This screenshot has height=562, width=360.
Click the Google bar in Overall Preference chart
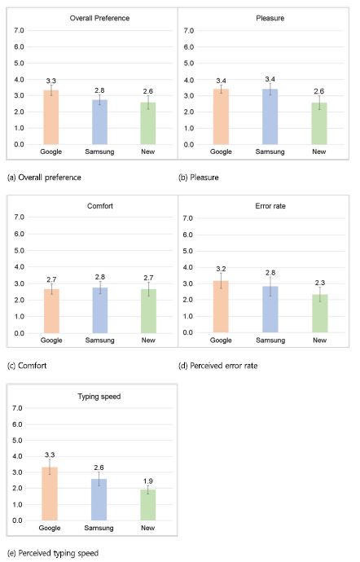[x=51, y=117]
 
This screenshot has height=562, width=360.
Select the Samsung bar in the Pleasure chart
[x=270, y=116]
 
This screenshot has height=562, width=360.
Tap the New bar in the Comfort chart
[x=148, y=311]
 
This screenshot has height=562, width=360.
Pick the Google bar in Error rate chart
[x=221, y=306]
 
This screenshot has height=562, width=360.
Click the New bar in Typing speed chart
[x=147, y=505]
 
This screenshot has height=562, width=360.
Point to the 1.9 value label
[x=147, y=481]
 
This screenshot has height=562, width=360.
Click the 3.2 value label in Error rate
[x=221, y=269]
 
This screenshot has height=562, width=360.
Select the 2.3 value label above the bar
[x=320, y=283]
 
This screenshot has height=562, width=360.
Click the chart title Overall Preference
[x=99, y=18]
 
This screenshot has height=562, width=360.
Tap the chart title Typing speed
[x=99, y=397]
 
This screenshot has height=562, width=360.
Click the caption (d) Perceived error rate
[x=218, y=366]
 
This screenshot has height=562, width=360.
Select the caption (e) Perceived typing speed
[x=53, y=553]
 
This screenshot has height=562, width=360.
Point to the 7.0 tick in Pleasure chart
[x=189, y=31]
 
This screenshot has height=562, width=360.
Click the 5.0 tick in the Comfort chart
[x=19, y=251]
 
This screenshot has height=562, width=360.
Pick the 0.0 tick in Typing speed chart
[x=17, y=520]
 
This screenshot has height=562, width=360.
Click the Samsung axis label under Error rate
[x=270, y=340]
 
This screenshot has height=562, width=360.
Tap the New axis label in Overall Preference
[x=147, y=151]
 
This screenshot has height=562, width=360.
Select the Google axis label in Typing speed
[x=50, y=528]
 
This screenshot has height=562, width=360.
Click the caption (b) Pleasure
[x=199, y=178]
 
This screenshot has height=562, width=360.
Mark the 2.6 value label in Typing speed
[x=99, y=468]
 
